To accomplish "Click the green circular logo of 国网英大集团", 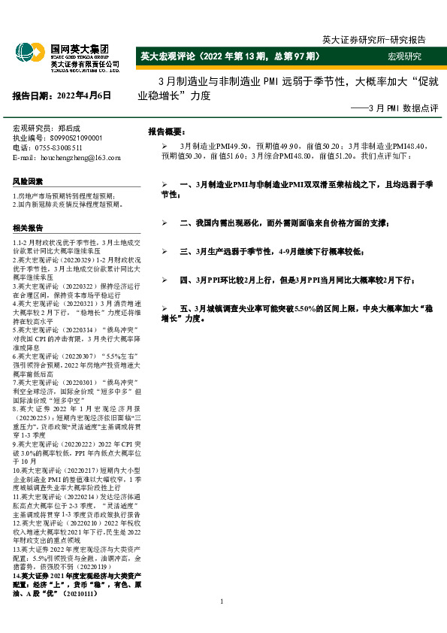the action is (26, 53).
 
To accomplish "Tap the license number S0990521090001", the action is (76, 138).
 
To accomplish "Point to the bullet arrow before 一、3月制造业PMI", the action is (165, 185).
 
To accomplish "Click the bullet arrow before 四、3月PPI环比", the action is (165, 280).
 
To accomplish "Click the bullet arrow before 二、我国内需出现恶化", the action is (165, 223).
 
